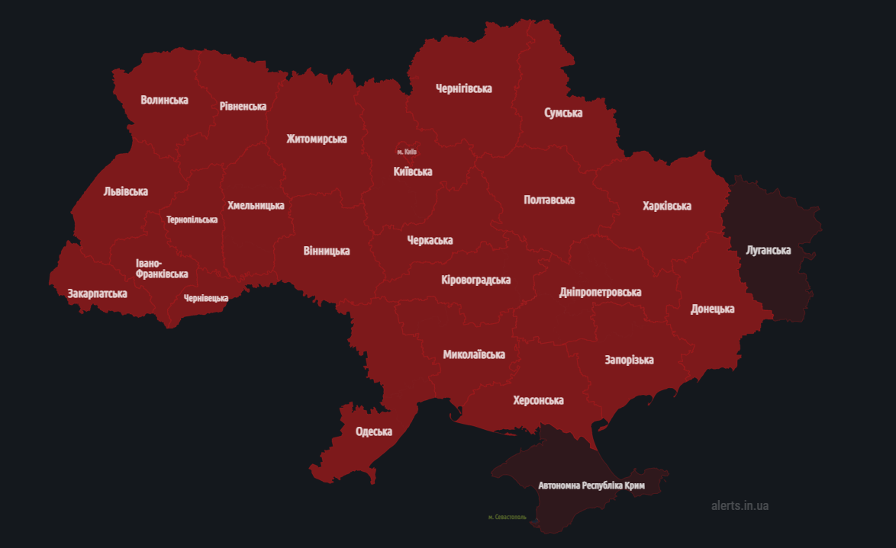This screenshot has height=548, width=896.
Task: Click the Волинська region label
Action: coord(164,100)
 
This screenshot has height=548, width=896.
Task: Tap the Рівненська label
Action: coord(243,106)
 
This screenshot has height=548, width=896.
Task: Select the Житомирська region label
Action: coord(317,139)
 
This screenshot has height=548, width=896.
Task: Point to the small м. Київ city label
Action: coord(407,152)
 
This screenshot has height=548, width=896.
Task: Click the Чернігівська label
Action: coord(463,88)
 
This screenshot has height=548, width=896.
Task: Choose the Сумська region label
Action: coord(563,113)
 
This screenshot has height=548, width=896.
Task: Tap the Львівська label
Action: coord(126,191)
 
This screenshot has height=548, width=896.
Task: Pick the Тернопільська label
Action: coord(192,220)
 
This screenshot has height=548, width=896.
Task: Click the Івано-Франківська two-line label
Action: coord(162,268)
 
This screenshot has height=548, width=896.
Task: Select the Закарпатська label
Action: coord(97,293)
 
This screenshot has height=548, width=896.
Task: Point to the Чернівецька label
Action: coord(205,298)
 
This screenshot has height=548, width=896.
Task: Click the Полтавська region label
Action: coord(550,200)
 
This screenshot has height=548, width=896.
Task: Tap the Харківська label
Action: coord(667,206)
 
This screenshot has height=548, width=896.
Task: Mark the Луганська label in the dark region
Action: coord(769,250)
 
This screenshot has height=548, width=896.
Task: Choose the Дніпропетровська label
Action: coord(600,292)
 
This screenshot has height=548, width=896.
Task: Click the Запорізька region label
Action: coord(629,360)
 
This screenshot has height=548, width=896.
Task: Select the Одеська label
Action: coord(374,431)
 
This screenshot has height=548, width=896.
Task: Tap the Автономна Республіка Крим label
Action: coord(591,486)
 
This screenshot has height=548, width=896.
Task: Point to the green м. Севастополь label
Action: coord(507,517)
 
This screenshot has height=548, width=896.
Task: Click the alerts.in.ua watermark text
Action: coord(740,505)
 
